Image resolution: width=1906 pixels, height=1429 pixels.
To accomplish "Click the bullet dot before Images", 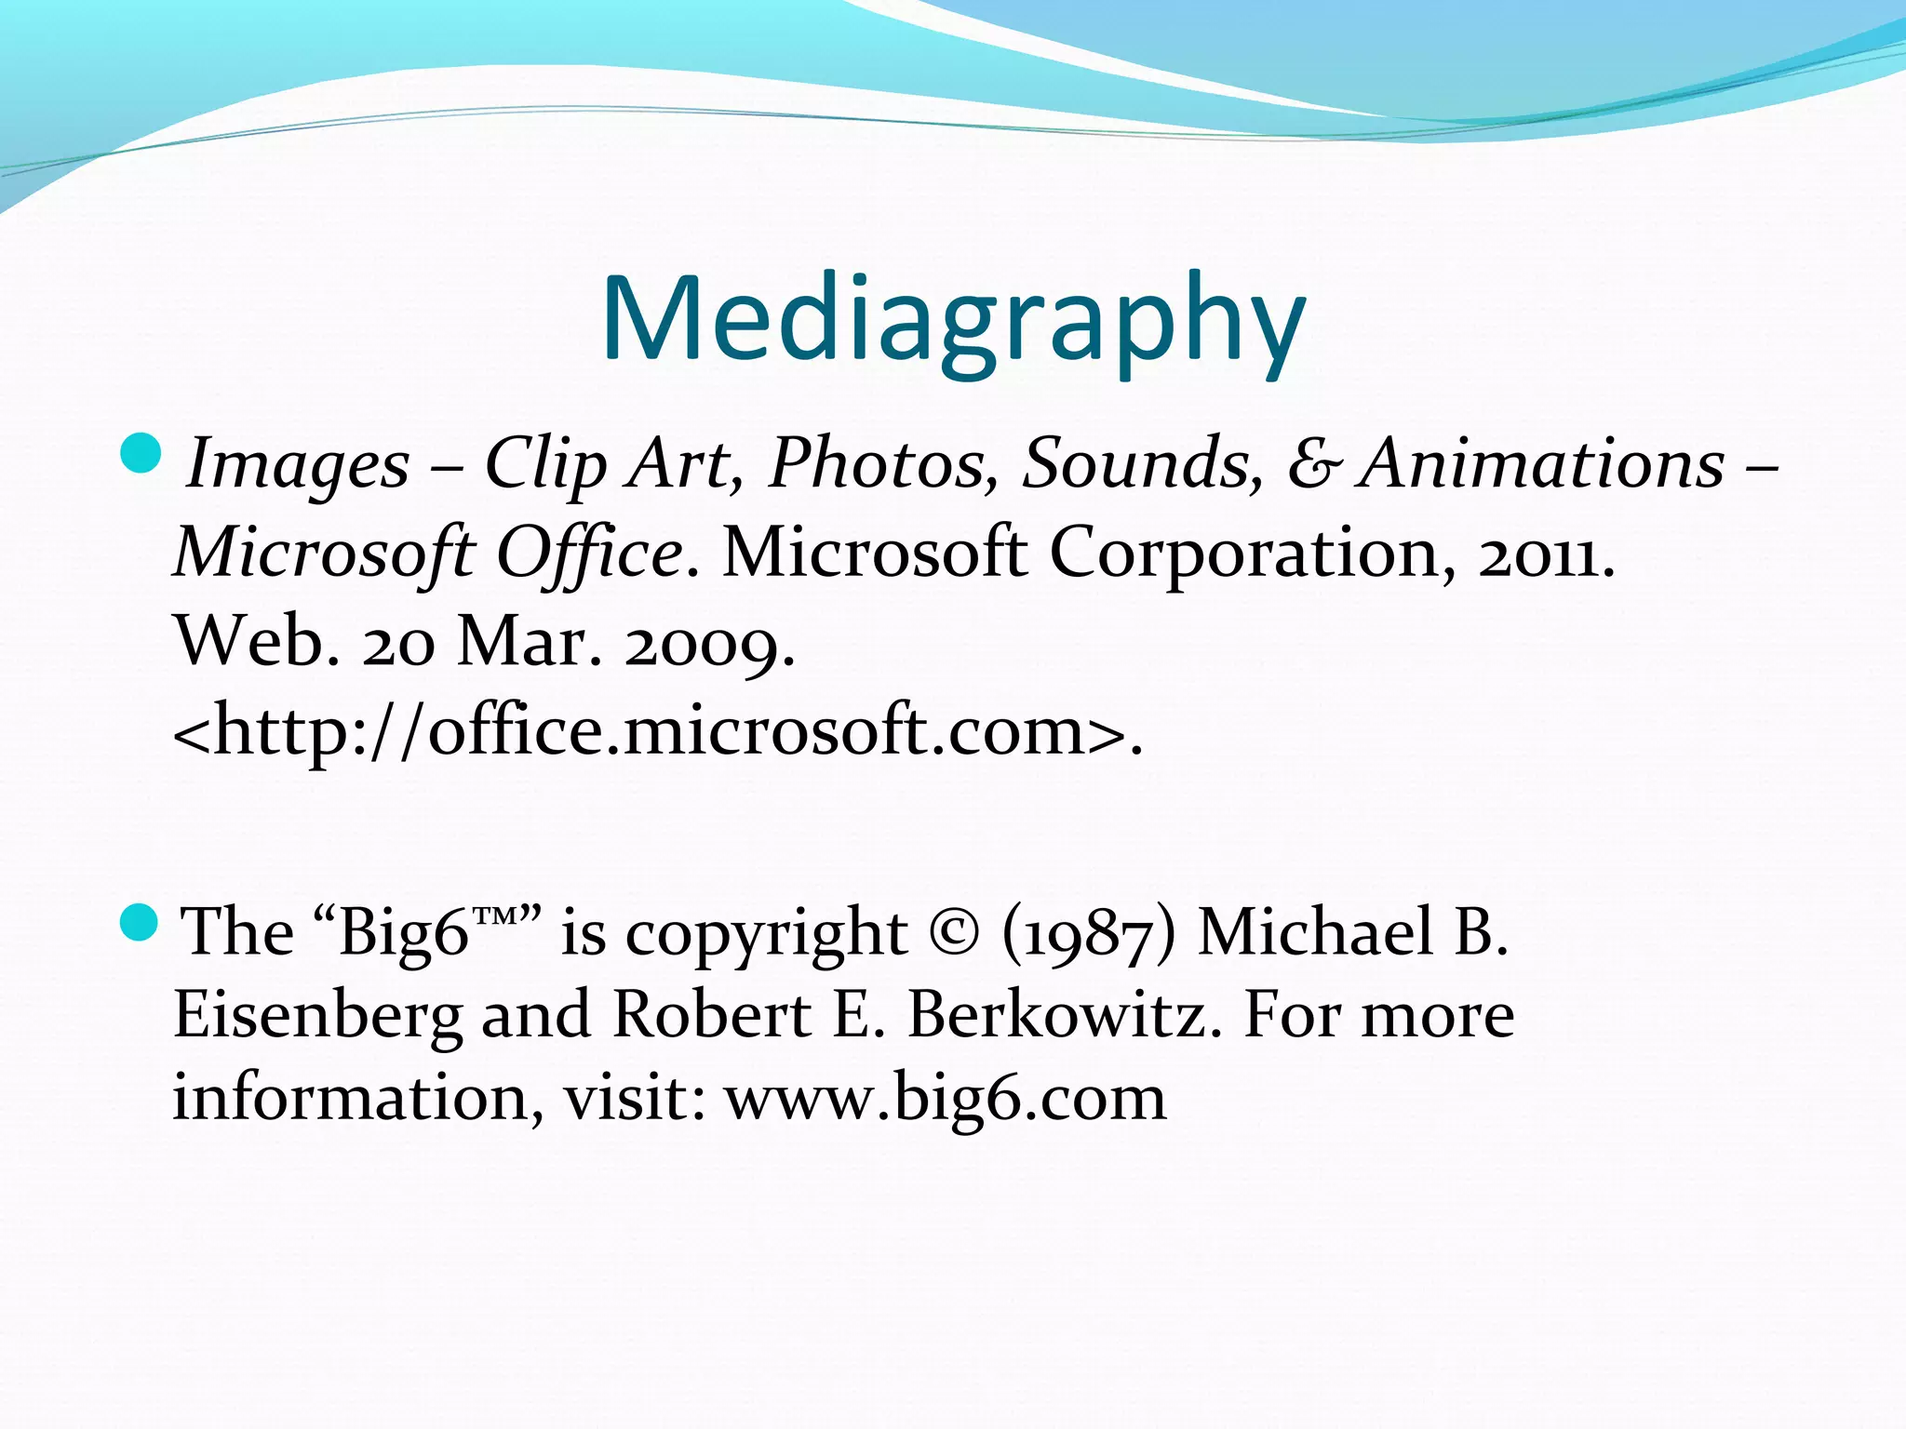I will coord(141,453).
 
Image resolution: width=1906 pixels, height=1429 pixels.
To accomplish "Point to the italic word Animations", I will coord(1540,462).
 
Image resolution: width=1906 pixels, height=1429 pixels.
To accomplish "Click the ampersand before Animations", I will coord(1315,464).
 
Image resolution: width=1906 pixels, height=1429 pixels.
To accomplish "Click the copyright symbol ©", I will coord(954,933).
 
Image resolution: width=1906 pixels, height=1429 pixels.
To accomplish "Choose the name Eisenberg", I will coord(317,1016).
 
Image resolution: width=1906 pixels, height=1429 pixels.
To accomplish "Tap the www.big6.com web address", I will coord(946,1099).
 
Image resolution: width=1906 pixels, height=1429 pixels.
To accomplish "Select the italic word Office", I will coord(590,554).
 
